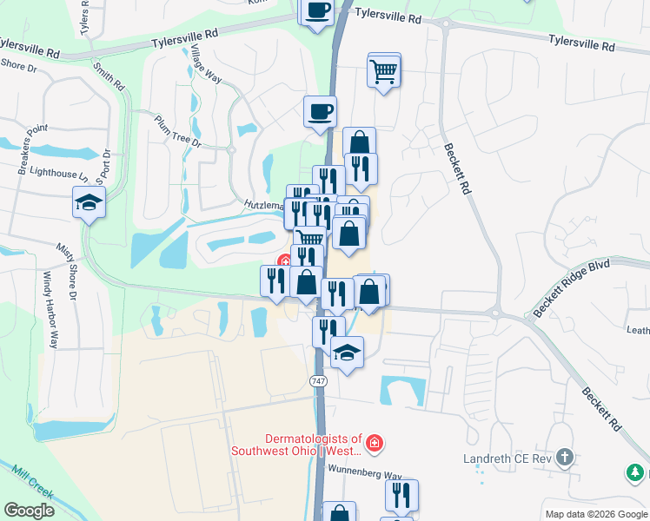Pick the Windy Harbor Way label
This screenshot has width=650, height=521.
tap(50, 309)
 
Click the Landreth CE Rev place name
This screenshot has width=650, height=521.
tap(512, 457)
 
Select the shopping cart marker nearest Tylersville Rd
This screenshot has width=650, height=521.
tap(383, 71)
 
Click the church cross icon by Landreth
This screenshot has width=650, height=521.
tap(565, 457)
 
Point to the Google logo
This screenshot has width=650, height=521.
tap(29, 511)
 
